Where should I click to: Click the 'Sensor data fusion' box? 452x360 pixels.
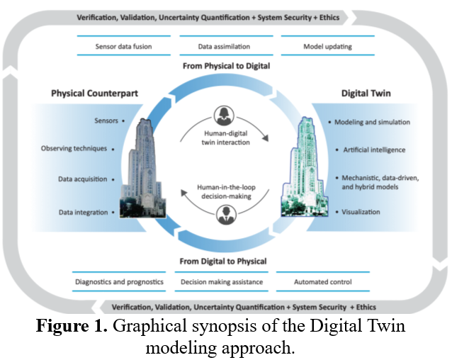point(123,47)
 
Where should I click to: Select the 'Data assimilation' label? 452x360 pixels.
point(224,47)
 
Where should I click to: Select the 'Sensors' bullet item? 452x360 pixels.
point(106,121)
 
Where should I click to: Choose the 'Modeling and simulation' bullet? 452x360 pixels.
point(372,122)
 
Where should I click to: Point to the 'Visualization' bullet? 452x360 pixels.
point(361,212)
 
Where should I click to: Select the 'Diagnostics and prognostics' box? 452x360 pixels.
point(120,282)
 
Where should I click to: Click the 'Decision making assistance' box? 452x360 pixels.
point(222,282)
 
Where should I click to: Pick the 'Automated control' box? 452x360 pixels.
point(322,282)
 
